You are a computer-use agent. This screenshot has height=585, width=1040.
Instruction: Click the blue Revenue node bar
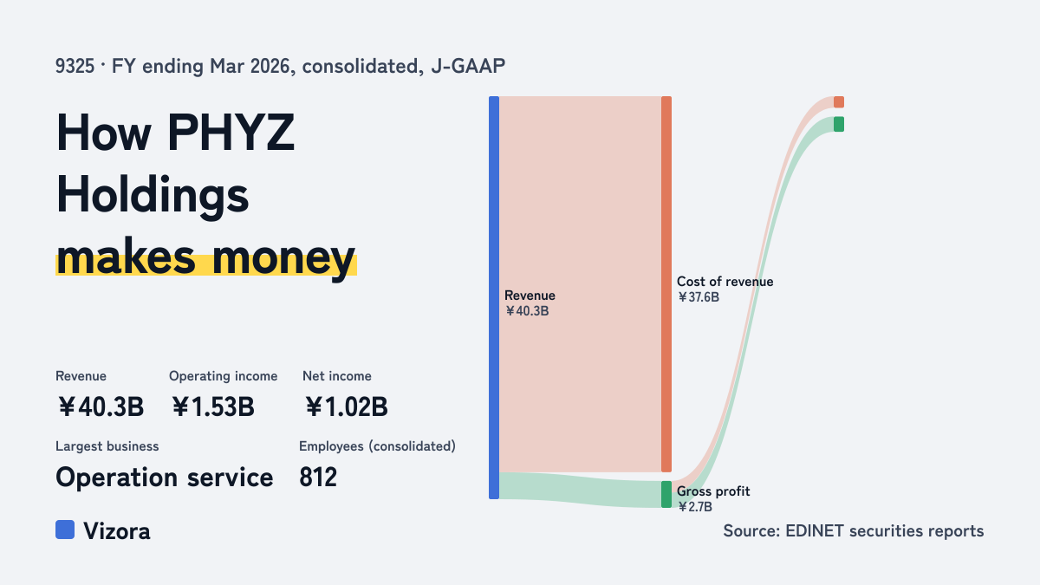coord(494,297)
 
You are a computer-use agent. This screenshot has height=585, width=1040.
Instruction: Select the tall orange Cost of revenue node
coord(666,284)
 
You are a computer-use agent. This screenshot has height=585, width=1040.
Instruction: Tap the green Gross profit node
coord(666,494)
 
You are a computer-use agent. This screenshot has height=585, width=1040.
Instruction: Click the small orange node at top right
coord(839,102)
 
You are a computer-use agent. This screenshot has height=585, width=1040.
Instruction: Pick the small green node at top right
coord(839,124)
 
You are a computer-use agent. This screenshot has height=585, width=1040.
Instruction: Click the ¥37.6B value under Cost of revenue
coord(699,297)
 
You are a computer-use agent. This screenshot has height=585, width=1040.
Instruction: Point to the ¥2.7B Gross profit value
coord(694,506)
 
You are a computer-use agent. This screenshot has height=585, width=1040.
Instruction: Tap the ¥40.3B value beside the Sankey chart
coord(527,311)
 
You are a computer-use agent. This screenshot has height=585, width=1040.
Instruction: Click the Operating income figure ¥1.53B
coord(213,406)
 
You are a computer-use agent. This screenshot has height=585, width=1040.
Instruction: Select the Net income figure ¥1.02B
coord(347,406)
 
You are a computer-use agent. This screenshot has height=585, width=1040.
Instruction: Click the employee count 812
coord(318,478)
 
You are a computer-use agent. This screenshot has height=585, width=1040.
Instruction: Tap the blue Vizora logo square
coord(65,530)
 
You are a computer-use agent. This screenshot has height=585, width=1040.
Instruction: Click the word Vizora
coord(117,531)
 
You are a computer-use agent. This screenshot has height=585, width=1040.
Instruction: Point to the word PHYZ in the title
coord(231,133)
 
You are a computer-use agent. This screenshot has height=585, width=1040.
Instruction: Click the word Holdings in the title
coord(153,196)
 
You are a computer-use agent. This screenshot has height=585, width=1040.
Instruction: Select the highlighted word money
coord(283,257)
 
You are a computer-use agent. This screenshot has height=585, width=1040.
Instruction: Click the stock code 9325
coord(75,67)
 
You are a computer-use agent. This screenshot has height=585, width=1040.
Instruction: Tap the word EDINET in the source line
coord(815,531)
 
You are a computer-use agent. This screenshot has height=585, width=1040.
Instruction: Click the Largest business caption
coord(107,446)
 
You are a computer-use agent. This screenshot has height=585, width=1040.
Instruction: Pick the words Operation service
coord(165,478)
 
